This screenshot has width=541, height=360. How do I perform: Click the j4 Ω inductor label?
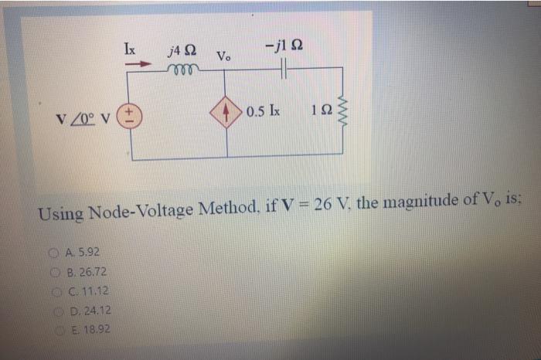point(182,52)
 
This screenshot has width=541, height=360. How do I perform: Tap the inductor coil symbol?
point(183,68)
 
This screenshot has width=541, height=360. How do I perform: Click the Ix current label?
point(131,46)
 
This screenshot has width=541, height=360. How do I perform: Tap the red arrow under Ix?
point(138,66)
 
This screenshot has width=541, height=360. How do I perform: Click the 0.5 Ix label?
point(264,110)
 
